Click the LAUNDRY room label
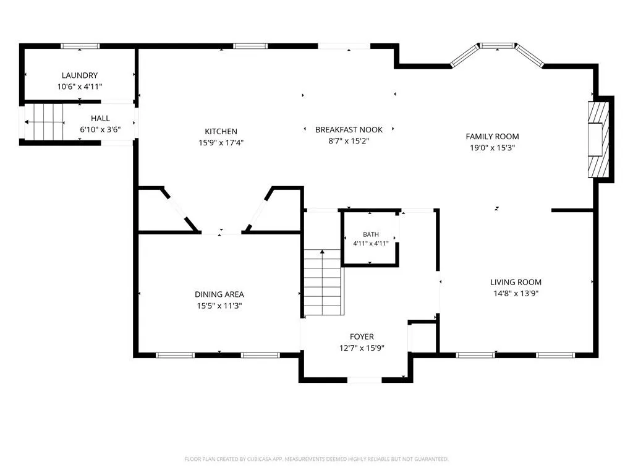[80, 75]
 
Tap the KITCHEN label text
[221, 131]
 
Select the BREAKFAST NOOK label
[349, 130]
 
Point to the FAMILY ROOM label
[492, 137]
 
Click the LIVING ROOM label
[516, 282]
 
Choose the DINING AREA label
[219, 294]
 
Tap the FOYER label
[362, 336]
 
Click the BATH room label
[371, 234]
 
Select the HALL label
[100, 118]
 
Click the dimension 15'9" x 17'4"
[221, 143]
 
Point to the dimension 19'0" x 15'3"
[492, 148]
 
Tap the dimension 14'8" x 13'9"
[516, 294]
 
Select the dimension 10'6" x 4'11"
[80, 87]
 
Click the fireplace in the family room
[598, 139]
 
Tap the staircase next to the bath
[323, 282]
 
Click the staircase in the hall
[45, 122]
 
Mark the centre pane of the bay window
[498, 46]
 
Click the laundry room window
[80, 46]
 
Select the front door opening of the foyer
[364, 380]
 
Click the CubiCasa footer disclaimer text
[316, 460]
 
